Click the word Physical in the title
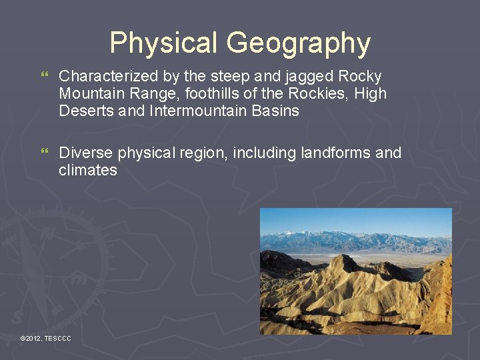click(x=164, y=43)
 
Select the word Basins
click(x=277, y=111)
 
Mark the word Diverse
click(x=86, y=153)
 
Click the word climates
click(x=88, y=170)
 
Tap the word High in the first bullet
click(x=370, y=94)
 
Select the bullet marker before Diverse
click(x=45, y=153)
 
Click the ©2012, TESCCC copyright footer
click(x=45, y=339)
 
